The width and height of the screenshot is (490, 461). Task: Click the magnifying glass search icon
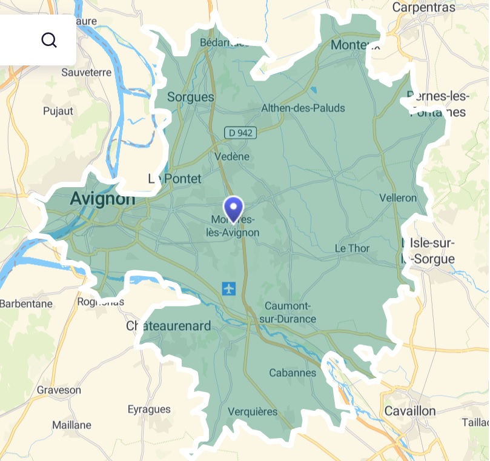(x=48, y=40)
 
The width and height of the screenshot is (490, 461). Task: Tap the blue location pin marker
(x=233, y=208)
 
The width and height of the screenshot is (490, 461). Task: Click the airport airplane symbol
(x=229, y=288)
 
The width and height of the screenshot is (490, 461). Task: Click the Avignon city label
(x=102, y=198)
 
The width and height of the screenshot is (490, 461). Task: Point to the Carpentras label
(x=423, y=7)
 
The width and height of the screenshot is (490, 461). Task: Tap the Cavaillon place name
(x=409, y=411)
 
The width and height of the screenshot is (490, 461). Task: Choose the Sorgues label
(x=190, y=97)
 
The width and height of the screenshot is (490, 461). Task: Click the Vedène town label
(x=232, y=157)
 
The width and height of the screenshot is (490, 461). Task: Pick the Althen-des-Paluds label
(x=302, y=108)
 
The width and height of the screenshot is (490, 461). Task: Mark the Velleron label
(x=398, y=198)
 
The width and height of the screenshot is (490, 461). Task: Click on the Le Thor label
(x=352, y=248)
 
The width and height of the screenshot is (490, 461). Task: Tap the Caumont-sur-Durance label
(x=290, y=312)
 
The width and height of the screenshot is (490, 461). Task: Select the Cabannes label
(x=293, y=373)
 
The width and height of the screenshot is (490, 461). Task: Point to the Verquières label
(x=253, y=412)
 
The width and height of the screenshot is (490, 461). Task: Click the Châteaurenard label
(x=168, y=326)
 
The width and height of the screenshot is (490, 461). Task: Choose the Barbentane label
(x=26, y=303)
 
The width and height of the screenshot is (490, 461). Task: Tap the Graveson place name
(x=59, y=390)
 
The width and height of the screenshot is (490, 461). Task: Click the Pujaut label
(x=58, y=111)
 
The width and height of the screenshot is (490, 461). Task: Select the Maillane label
(x=71, y=425)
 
